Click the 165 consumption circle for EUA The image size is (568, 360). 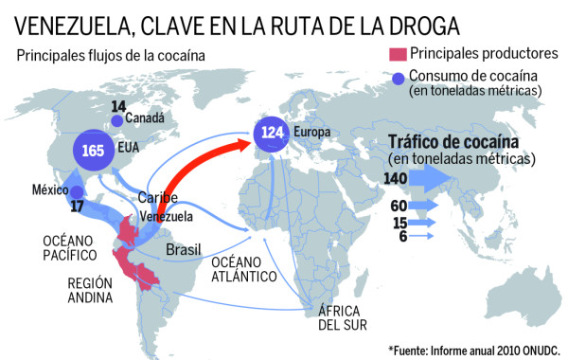[x=93, y=151]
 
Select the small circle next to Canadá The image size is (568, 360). [x=115, y=120]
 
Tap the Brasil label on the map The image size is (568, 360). [x=186, y=249]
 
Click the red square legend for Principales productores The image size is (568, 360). [x=397, y=54]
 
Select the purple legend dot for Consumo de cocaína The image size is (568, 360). [x=397, y=79]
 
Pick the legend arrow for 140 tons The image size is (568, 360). [x=445, y=177]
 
